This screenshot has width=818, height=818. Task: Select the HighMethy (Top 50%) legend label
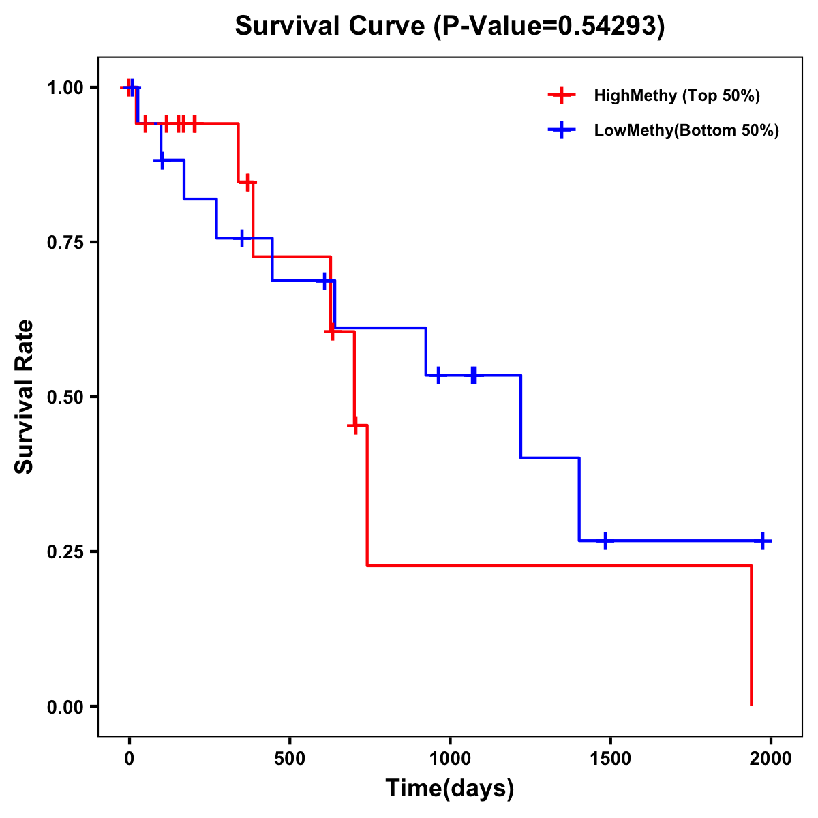click(676, 95)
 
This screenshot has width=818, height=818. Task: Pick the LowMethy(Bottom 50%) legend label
click(686, 130)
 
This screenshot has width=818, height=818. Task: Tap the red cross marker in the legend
click(561, 95)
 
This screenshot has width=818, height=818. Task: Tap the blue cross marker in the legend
click(561, 130)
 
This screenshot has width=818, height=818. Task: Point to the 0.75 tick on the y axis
click(65, 242)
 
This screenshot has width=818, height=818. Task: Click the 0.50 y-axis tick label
click(65, 397)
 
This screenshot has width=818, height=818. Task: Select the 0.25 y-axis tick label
click(65, 551)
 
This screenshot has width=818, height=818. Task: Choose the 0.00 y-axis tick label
click(65, 706)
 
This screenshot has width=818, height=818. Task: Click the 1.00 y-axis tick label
click(65, 87)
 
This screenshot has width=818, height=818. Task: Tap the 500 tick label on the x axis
click(290, 759)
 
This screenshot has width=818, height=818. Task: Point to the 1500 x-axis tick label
click(610, 759)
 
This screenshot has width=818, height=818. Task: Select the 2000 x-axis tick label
click(771, 759)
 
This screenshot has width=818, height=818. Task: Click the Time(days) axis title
click(450, 788)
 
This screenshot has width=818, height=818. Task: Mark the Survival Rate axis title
click(25, 397)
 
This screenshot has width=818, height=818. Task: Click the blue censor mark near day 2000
click(763, 541)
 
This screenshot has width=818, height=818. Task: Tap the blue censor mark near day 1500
click(605, 541)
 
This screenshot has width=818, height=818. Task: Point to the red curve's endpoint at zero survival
click(751, 705)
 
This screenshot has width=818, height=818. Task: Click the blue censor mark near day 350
click(241, 238)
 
